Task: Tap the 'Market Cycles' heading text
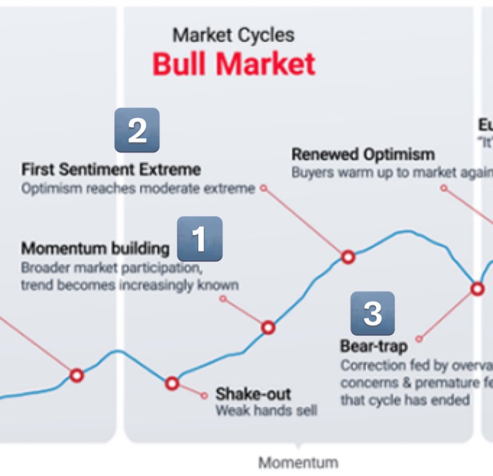[233, 35]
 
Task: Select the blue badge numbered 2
[137, 130]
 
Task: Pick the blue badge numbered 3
[372, 313]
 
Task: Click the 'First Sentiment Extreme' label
[111, 170]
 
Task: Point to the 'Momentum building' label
[95, 248]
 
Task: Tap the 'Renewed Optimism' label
[363, 155]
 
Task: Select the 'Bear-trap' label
[374, 346]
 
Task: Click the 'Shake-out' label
[253, 394]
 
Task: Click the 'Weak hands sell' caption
[266, 410]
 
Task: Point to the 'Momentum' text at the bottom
[298, 463]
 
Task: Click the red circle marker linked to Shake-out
[172, 383]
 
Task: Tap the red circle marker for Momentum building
[268, 327]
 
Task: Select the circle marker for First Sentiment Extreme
[348, 257]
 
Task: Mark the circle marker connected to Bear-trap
[478, 289]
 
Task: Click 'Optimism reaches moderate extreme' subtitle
[138, 188]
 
